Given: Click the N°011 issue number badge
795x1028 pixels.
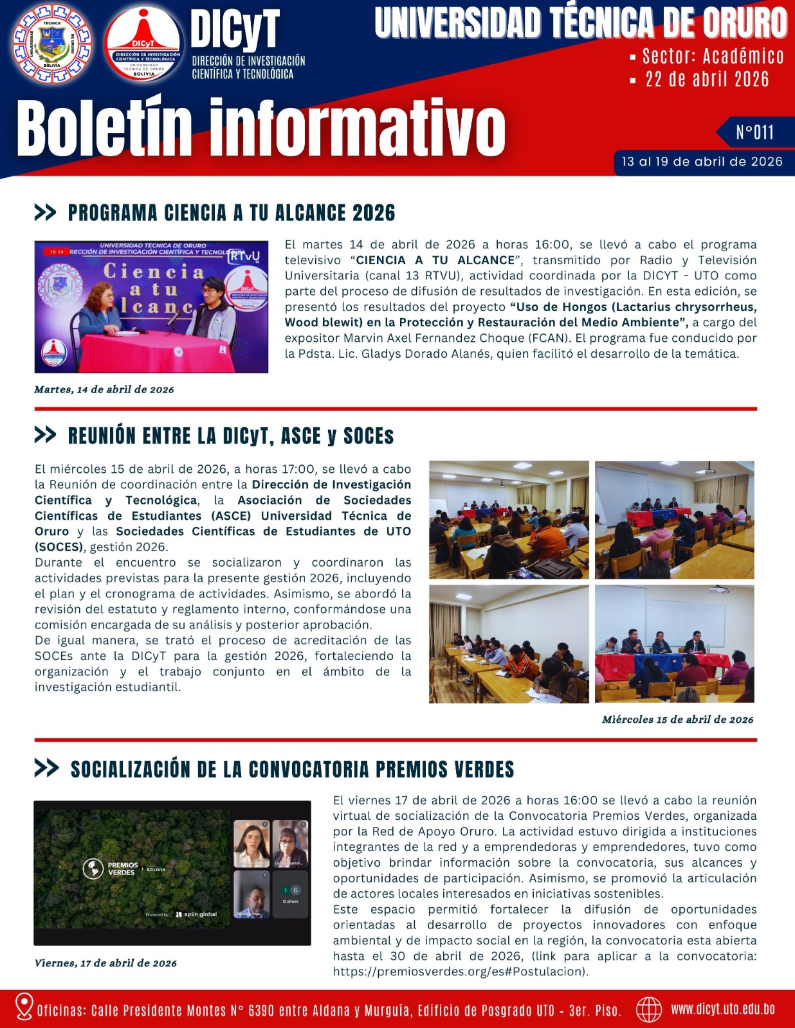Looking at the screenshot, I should click(x=754, y=132).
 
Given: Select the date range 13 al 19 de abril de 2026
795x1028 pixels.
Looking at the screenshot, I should click(x=702, y=162).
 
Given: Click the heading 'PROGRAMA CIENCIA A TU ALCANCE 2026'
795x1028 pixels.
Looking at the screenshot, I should click(x=232, y=213).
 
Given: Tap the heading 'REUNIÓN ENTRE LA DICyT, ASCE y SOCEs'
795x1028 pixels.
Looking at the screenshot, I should click(x=231, y=436).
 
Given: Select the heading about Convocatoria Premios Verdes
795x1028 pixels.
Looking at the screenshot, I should click(x=292, y=769).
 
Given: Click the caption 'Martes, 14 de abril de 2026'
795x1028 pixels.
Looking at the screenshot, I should click(x=104, y=389).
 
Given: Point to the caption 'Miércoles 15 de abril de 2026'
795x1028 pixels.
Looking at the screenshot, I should click(x=677, y=720).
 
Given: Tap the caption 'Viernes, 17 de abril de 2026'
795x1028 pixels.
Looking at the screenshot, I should click(x=105, y=963).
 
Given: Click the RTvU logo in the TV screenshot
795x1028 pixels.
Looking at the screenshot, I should click(x=244, y=256).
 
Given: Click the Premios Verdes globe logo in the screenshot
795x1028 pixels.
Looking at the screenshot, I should click(x=93, y=869).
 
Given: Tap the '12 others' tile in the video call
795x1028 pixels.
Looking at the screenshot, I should click(x=290, y=894).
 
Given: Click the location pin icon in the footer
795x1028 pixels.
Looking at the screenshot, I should click(x=24, y=1007).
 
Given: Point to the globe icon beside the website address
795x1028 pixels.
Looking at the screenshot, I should click(x=648, y=1009).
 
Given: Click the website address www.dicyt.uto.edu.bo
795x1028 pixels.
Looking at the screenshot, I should click(x=722, y=1009).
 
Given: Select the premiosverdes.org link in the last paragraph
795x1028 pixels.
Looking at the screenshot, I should click(x=460, y=971).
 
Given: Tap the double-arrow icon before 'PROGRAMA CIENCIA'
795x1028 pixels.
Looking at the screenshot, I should click(x=45, y=213).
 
